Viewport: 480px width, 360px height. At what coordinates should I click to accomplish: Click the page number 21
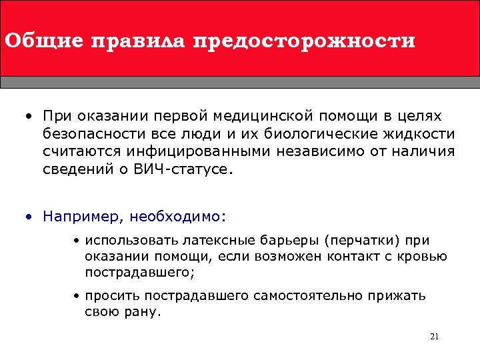click(434, 336)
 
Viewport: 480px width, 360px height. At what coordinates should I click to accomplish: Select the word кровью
click(421, 256)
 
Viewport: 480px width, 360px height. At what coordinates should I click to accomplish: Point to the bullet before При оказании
click(29, 117)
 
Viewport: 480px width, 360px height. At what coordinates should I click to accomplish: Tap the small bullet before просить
click(77, 296)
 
